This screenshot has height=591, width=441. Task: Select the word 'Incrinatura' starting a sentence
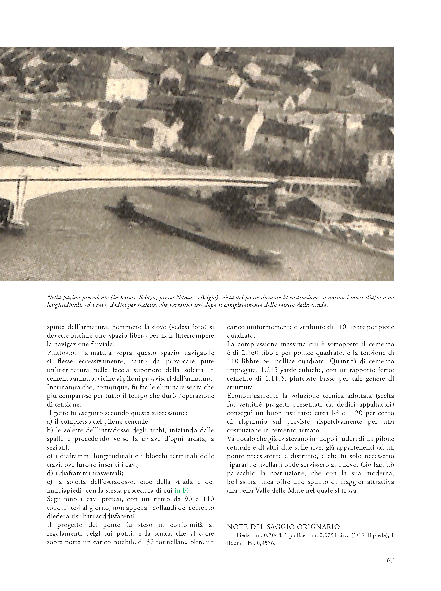click(x=64, y=387)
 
